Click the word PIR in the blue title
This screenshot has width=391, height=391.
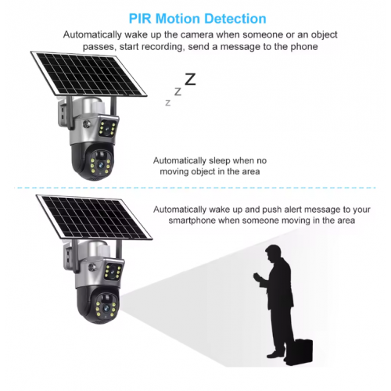click(x=140, y=19)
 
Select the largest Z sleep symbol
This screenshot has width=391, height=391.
click(x=190, y=79)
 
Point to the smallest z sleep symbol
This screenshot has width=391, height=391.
click(x=168, y=103)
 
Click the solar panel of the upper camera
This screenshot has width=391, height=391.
click(x=88, y=74)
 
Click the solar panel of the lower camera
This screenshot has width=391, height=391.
click(x=94, y=217)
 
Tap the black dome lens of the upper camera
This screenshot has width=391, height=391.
click(x=92, y=162)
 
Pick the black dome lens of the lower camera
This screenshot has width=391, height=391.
click(x=99, y=306)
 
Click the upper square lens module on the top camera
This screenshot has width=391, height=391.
click(x=108, y=127)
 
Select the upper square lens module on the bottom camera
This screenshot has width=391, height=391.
click(x=113, y=270)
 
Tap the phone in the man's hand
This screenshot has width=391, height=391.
click(x=256, y=276)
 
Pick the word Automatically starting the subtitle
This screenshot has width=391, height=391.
click(x=92, y=34)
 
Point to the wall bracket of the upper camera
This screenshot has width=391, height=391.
click(x=63, y=113)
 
